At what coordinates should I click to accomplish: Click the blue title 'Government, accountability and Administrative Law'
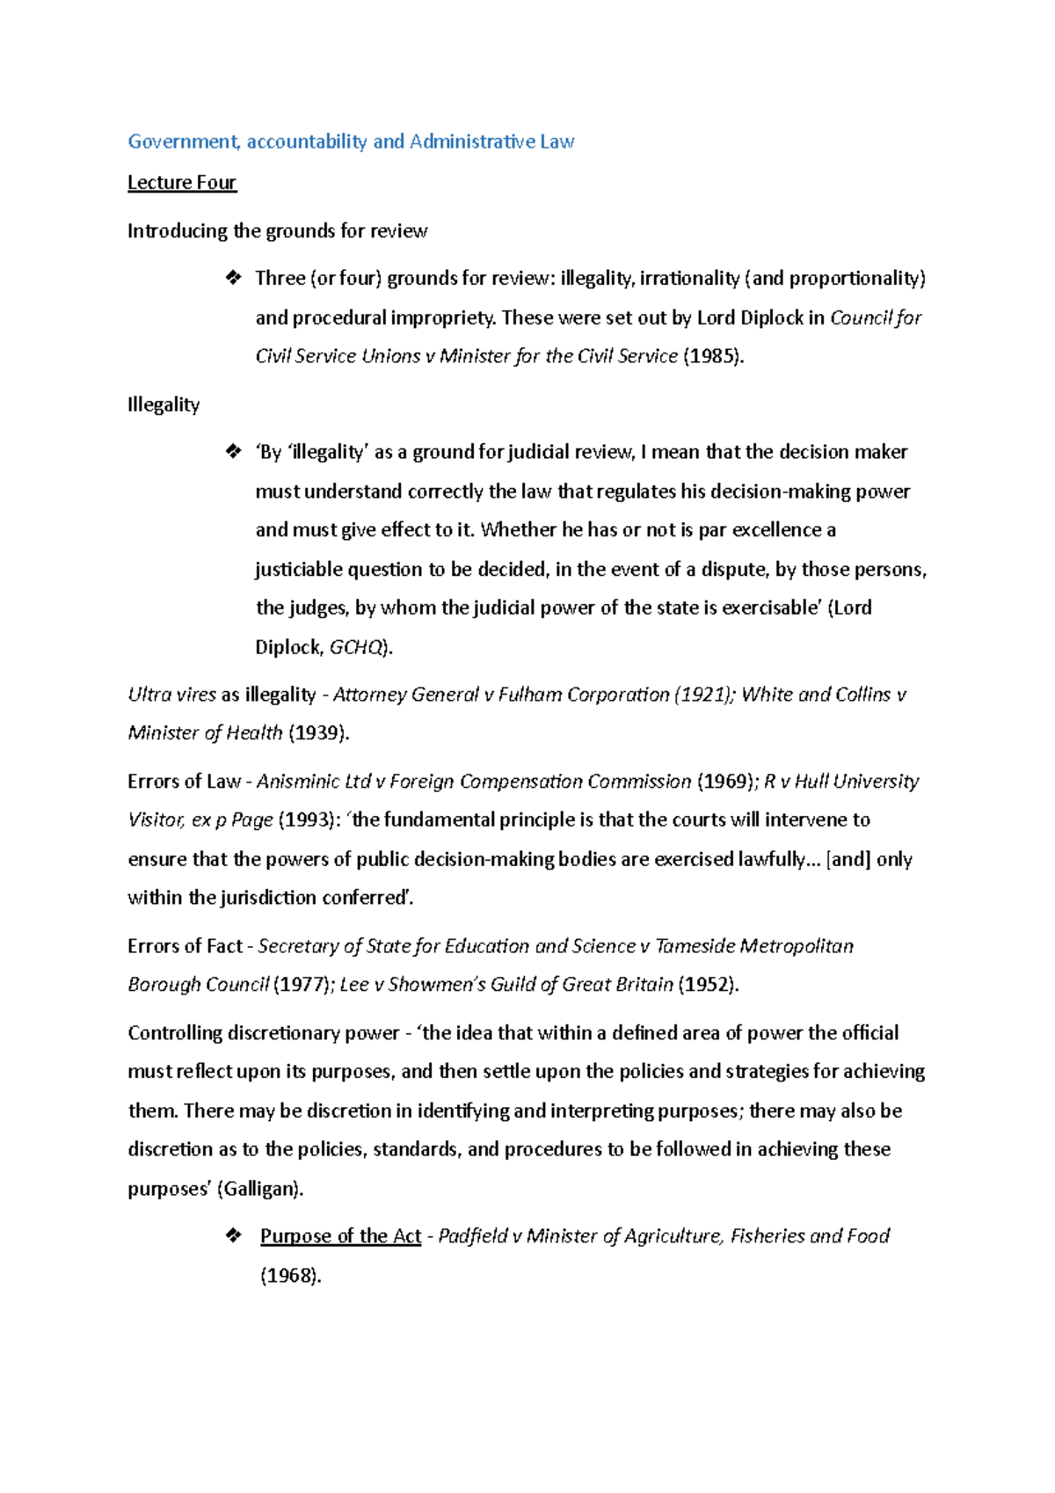tap(351, 142)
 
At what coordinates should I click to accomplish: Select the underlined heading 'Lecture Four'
tap(182, 183)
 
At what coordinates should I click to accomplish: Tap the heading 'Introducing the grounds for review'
tap(277, 231)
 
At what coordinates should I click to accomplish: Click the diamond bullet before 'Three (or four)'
tap(233, 278)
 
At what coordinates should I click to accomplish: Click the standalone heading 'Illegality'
tap(164, 404)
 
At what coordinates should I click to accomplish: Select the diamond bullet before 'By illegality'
tap(233, 452)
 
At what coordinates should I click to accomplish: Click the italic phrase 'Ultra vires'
tap(171, 695)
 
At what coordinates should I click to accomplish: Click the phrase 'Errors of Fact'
tap(185, 946)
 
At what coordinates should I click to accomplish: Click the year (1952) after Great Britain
tap(709, 985)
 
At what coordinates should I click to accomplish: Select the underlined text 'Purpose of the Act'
tap(340, 1236)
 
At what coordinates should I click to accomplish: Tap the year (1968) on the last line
tap(290, 1276)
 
